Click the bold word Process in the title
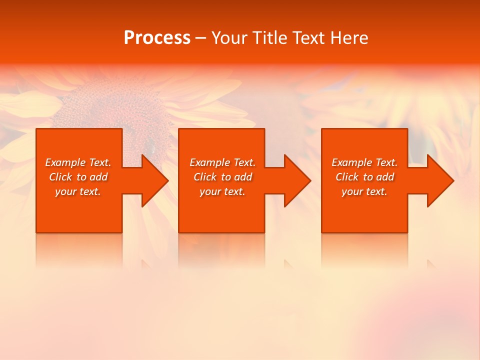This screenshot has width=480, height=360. point(157,38)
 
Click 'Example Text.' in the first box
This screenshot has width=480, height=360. point(78,162)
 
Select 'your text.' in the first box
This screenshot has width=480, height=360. point(78,191)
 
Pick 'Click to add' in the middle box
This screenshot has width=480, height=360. point(222,177)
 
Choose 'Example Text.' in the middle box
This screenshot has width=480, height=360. point(222,162)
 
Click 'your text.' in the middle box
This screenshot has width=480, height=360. point(222,191)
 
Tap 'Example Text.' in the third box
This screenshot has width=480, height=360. point(364,162)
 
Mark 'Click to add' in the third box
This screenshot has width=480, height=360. point(364,177)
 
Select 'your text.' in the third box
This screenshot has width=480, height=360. point(364,191)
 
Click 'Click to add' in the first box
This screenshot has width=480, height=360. point(78,177)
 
